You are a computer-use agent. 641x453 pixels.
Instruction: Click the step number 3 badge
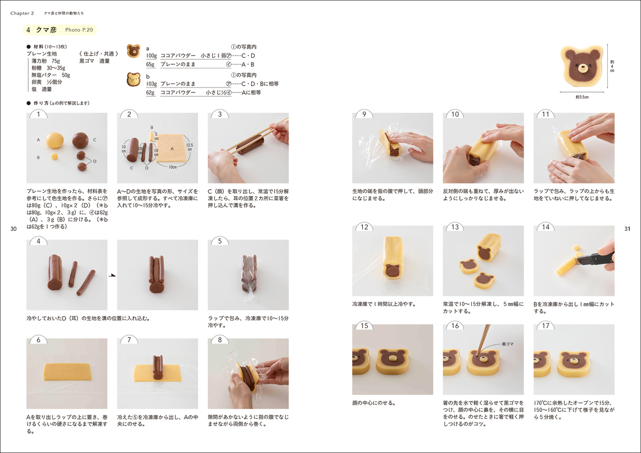[x=220, y=114]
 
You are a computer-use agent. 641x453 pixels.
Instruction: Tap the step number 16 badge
[x=455, y=326]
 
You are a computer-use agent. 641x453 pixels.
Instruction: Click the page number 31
[x=627, y=229]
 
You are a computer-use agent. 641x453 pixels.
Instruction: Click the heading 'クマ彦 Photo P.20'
[x=60, y=30]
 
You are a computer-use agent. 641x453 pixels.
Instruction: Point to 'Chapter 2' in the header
[x=22, y=13]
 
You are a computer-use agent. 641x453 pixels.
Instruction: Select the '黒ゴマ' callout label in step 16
[x=508, y=345]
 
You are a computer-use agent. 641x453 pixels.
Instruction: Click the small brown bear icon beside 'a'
[x=133, y=52]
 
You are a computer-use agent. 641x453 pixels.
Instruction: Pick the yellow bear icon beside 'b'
[x=133, y=80]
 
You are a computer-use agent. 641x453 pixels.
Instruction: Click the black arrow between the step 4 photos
[x=112, y=275]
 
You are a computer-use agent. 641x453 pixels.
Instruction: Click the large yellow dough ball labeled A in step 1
[x=55, y=140]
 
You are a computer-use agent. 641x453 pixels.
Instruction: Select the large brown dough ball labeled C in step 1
[x=81, y=140]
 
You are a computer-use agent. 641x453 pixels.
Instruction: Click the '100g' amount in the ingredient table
[x=151, y=56]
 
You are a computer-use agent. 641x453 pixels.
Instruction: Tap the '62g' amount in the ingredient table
[x=150, y=92]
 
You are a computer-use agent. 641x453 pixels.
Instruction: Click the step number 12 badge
[x=364, y=227]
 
